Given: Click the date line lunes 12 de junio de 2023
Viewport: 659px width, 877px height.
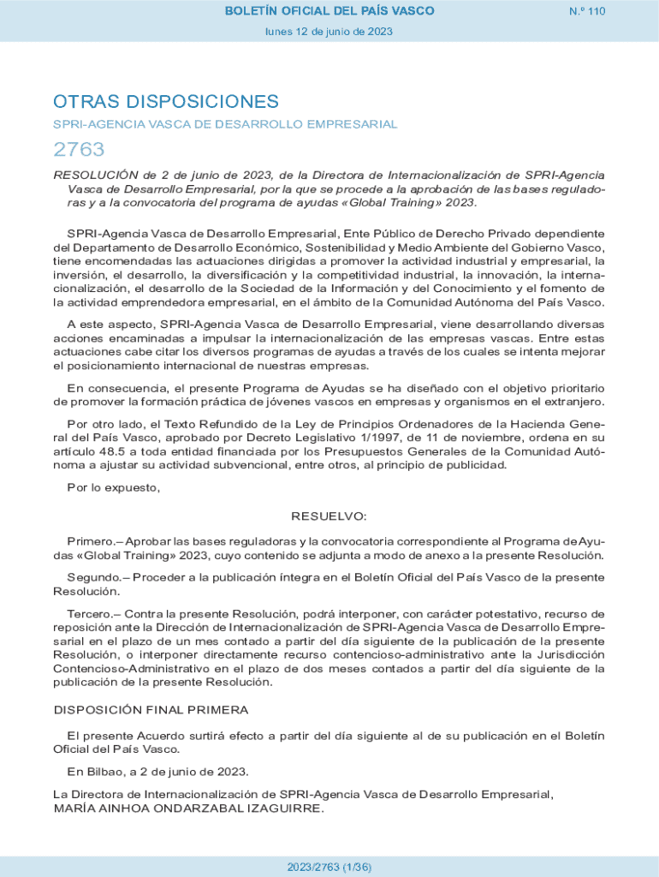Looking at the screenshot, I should pyautogui.click(x=329, y=32).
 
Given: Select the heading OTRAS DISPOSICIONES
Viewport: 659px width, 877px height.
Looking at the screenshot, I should pyautogui.click(x=166, y=102).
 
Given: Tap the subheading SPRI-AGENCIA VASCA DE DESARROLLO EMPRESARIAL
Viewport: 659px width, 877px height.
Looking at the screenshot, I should pyautogui.click(x=225, y=124).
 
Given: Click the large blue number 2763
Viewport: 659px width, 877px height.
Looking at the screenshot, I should pyautogui.click(x=79, y=150).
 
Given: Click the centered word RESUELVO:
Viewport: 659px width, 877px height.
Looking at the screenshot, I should pyautogui.click(x=329, y=516).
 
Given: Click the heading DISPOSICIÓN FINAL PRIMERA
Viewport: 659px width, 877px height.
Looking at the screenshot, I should pyautogui.click(x=151, y=710).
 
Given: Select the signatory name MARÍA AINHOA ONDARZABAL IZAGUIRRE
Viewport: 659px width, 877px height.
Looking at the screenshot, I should pyautogui.click(x=188, y=808).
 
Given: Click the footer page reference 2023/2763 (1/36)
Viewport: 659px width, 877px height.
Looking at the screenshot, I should pyautogui.click(x=329, y=867).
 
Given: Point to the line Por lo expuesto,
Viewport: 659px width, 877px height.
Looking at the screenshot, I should pyautogui.click(x=114, y=487).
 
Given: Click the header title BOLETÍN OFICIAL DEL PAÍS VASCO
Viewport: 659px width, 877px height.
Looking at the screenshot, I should pyautogui.click(x=329, y=11).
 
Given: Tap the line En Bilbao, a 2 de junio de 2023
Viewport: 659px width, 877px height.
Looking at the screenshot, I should pyautogui.click(x=157, y=771).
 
